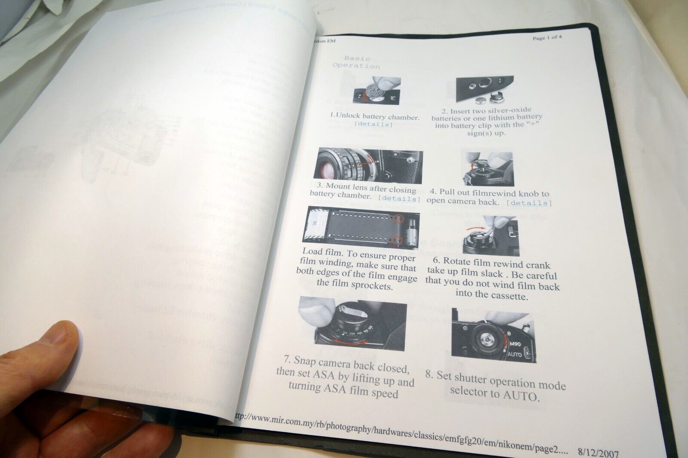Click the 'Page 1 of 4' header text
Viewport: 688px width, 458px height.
(x=547, y=37)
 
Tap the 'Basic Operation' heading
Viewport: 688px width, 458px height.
(x=356, y=62)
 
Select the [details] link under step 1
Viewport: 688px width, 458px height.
(x=373, y=125)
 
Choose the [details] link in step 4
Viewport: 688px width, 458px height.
(x=529, y=203)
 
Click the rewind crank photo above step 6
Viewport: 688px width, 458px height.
(x=490, y=235)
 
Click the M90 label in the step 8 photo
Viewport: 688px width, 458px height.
(x=516, y=344)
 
